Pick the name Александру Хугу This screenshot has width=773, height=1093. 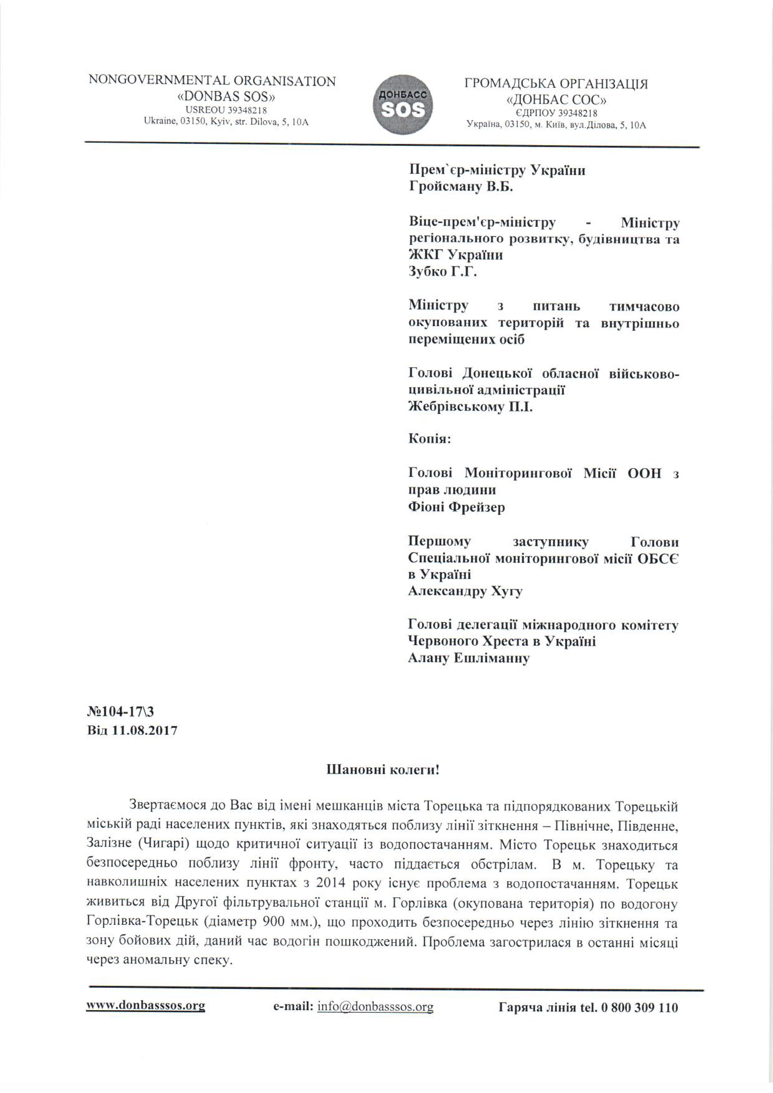click(x=465, y=592)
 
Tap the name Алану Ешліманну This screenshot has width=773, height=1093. click(x=469, y=659)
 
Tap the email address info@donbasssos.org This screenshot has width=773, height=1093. click(x=375, y=1006)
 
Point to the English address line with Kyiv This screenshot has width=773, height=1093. click(x=226, y=122)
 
